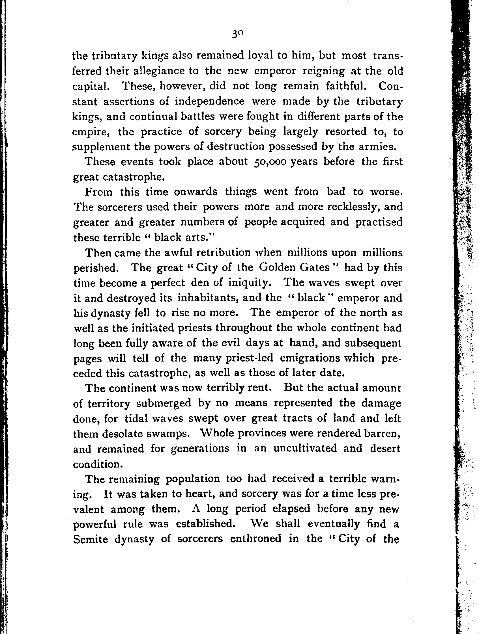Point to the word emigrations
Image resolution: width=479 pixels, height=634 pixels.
327,358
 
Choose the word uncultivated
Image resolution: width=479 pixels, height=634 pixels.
305,449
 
